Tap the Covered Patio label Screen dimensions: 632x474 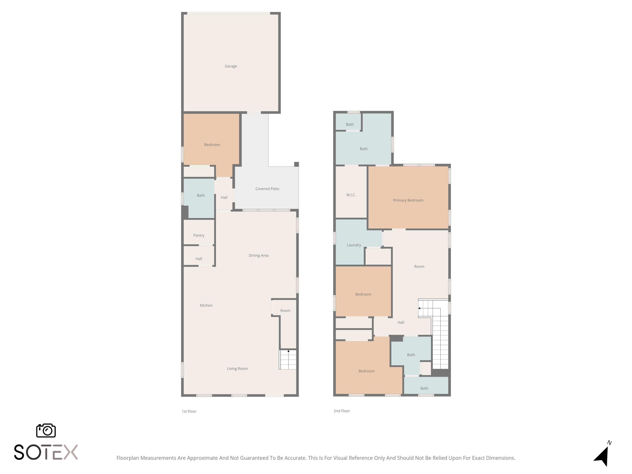[267, 189]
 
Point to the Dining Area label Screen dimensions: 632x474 [258, 255]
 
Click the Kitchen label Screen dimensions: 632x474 [206, 305]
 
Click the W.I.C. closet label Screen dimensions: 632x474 [351, 195]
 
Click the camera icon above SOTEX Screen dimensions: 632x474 [46, 430]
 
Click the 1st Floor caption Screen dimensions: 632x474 [189, 411]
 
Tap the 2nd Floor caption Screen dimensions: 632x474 [342, 411]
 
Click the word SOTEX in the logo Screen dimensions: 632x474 [46, 452]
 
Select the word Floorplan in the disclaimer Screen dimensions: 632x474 [128, 458]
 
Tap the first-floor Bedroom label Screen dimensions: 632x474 [212, 145]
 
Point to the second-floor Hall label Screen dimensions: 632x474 [401, 322]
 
